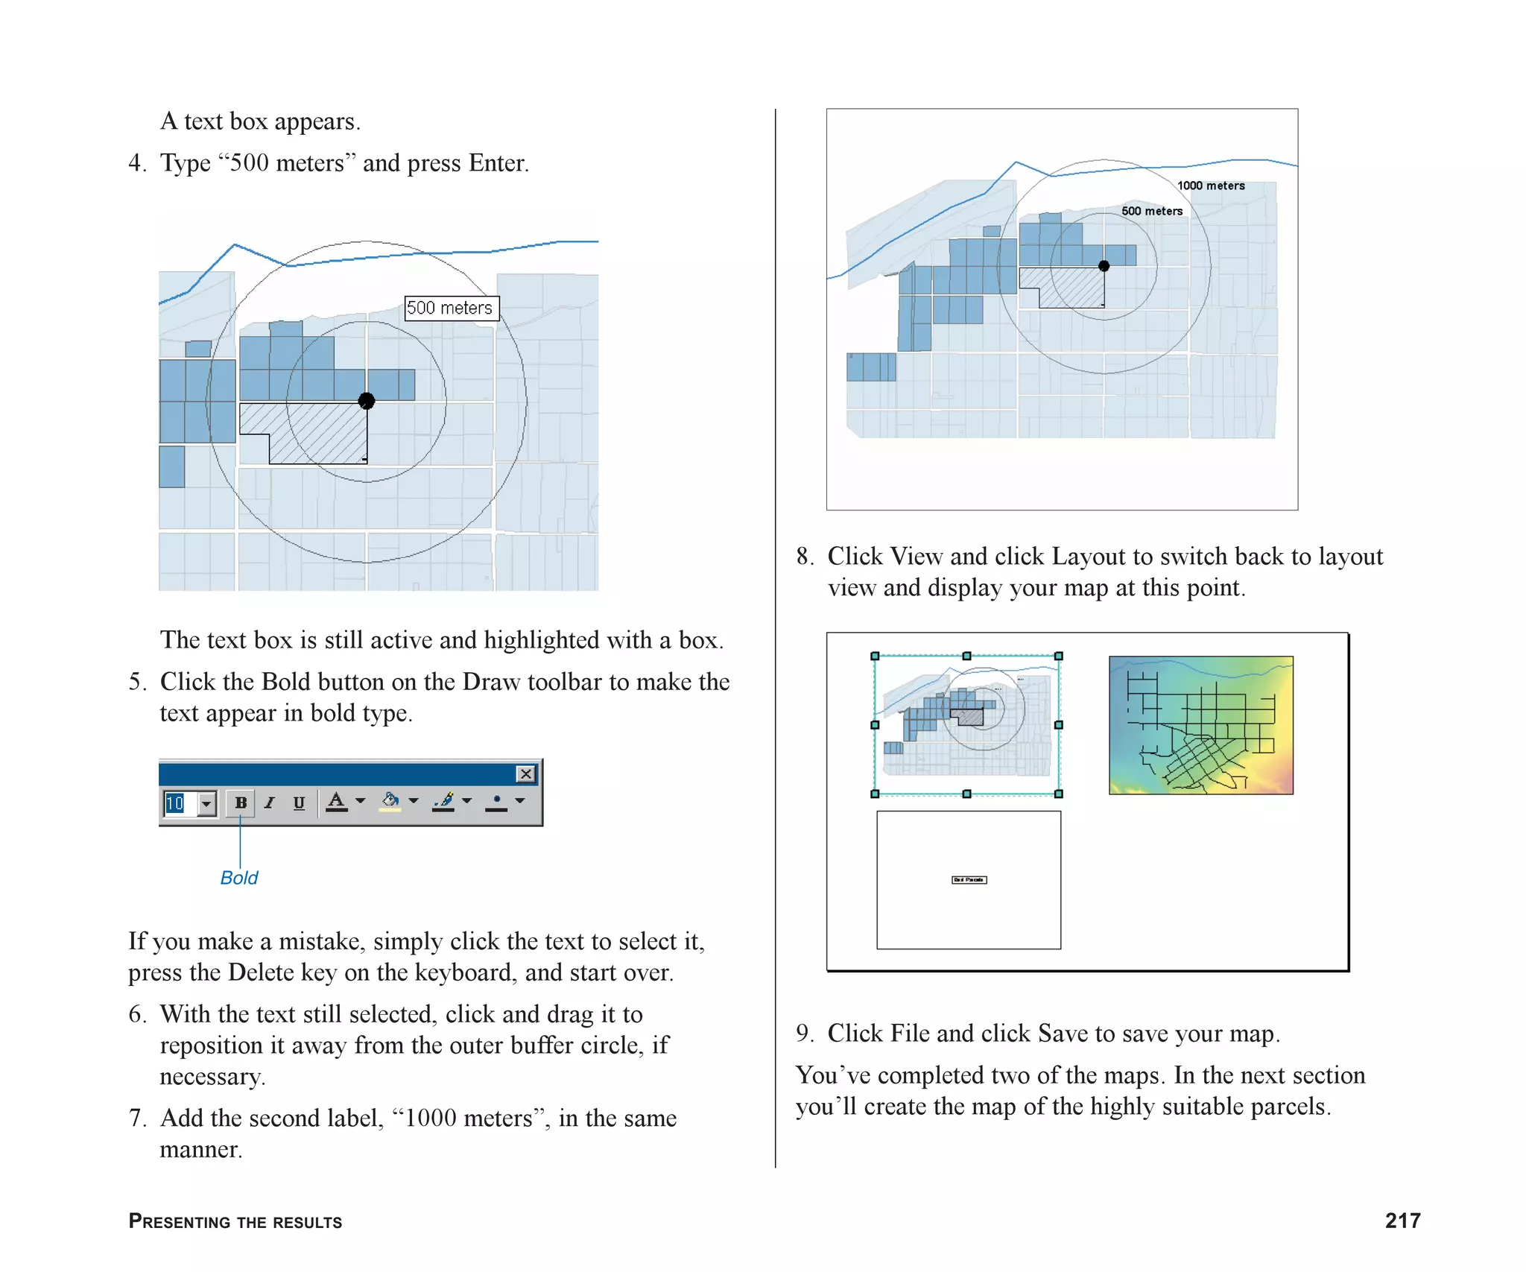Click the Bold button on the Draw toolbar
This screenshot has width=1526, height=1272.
241,803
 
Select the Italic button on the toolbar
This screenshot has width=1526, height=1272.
270,803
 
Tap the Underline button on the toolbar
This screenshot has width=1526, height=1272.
299,803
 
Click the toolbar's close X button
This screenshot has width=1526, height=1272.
526,774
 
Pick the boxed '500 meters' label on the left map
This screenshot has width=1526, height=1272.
451,308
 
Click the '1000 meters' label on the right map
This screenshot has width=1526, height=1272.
1211,186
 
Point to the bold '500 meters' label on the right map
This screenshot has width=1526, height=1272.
1152,211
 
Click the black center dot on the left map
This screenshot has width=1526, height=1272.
366,401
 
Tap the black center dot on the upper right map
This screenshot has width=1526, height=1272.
1104,266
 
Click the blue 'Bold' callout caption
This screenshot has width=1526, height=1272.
239,878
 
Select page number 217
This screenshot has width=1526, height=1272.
1402,1221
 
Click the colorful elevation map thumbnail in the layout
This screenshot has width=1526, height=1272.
1200,725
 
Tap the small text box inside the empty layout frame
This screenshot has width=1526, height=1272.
969,880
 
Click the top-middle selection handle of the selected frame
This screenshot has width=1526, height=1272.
966,656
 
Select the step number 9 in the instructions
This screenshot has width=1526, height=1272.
803,1034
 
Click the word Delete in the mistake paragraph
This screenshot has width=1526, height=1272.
261,972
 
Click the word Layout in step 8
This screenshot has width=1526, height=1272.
1089,557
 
